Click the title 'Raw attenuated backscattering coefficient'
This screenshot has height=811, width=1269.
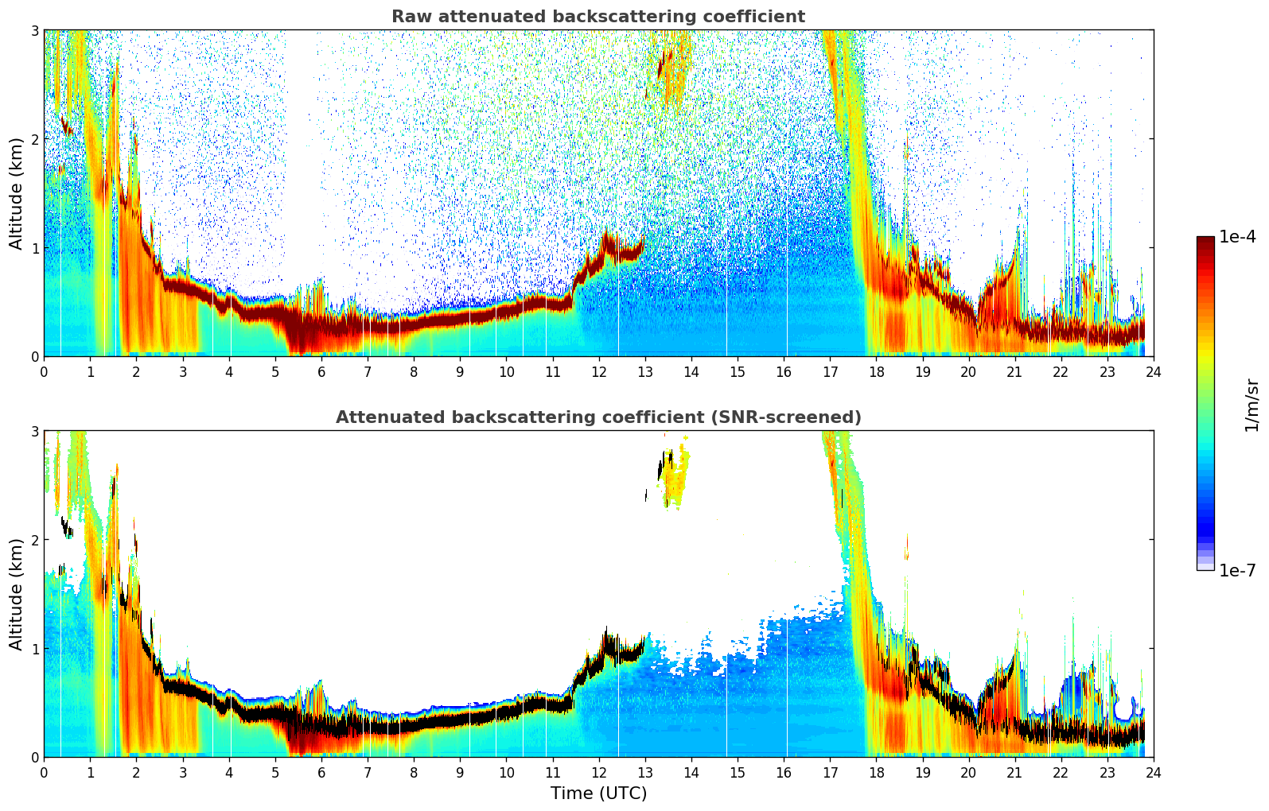click(598, 17)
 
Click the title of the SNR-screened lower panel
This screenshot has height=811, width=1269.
click(598, 417)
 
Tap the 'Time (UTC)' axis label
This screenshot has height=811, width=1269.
click(598, 794)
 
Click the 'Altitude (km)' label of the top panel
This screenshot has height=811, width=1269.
click(17, 193)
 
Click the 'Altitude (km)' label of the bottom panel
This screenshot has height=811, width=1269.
click(17, 594)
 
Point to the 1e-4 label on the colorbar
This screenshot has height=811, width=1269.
click(1237, 237)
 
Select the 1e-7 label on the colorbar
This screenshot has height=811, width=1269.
click(1237, 571)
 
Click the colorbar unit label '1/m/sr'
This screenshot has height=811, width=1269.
click(1251, 405)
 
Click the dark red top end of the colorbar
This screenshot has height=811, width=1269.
click(1205, 241)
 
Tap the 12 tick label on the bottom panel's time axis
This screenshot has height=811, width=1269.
click(598, 773)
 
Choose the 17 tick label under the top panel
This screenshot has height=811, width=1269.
click(830, 372)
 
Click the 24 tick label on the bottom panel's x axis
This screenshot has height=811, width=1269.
click(1153, 773)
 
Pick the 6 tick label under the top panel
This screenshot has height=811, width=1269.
click(321, 372)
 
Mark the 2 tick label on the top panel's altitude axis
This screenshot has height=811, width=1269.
click(34, 139)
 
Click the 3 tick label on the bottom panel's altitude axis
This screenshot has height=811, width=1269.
click(34, 431)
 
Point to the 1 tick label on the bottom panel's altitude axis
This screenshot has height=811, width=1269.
click(34, 649)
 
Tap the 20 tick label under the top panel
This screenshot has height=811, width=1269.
click(968, 372)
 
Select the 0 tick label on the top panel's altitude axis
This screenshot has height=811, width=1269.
click(34, 357)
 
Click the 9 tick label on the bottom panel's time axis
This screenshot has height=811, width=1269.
click(460, 773)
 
